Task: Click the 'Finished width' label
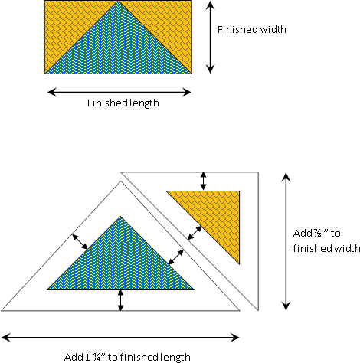click(252, 30)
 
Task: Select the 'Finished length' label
click(123, 103)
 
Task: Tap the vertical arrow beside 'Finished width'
click(210, 37)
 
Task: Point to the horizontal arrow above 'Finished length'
click(119, 92)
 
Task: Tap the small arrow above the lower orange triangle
click(203, 181)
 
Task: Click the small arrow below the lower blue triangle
click(120, 300)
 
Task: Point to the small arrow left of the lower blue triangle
click(80, 242)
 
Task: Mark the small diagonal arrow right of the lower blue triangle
click(176, 257)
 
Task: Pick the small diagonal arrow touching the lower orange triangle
click(195, 233)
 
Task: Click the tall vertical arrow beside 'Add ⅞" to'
click(286, 241)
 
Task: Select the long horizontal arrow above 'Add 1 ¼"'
click(120, 338)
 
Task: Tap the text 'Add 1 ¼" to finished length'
click(127, 357)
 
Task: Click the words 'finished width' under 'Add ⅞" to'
click(326, 248)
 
